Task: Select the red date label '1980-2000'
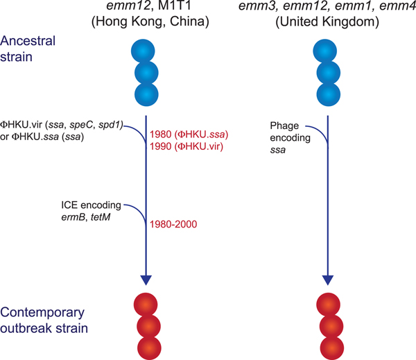coord(173,224)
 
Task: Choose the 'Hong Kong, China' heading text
coord(146,24)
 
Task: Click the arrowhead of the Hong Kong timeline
coord(146,279)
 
